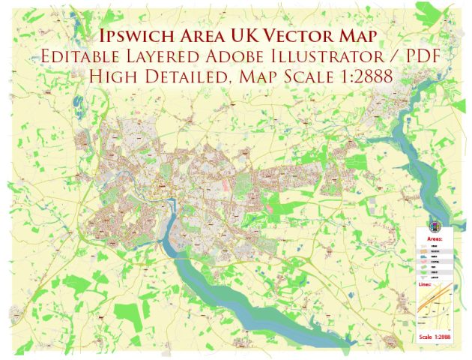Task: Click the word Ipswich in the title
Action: click(x=139, y=34)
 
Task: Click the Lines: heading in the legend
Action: click(x=423, y=286)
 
